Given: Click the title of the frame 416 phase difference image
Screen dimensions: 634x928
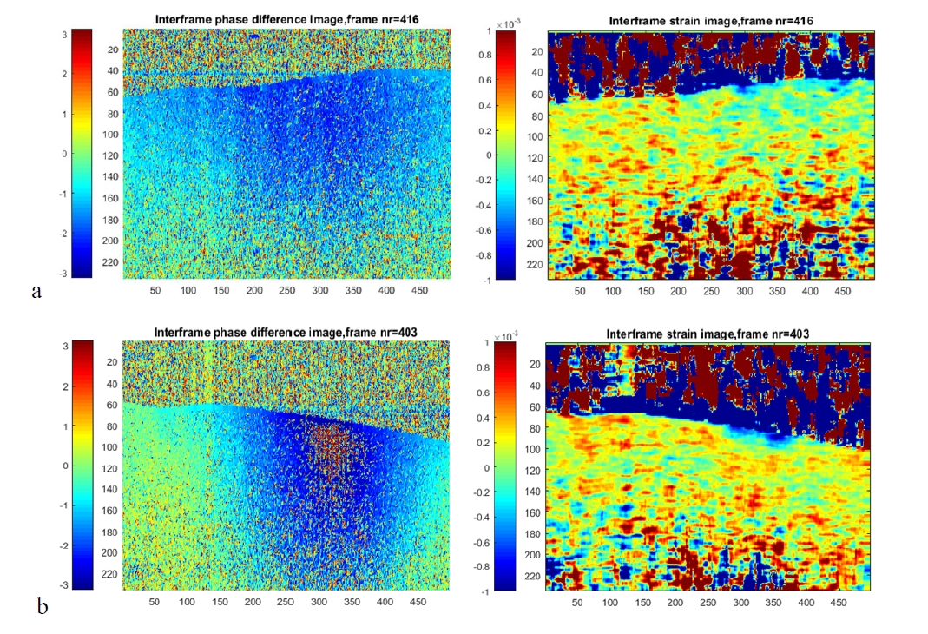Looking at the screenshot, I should click(x=286, y=19).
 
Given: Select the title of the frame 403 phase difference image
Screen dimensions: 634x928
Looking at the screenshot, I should click(x=286, y=332).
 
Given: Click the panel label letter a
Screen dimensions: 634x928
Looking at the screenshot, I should click(x=36, y=291).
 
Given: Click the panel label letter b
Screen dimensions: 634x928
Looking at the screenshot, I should click(x=41, y=605).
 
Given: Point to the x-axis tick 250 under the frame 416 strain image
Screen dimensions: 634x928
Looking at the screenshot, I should click(x=711, y=293).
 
